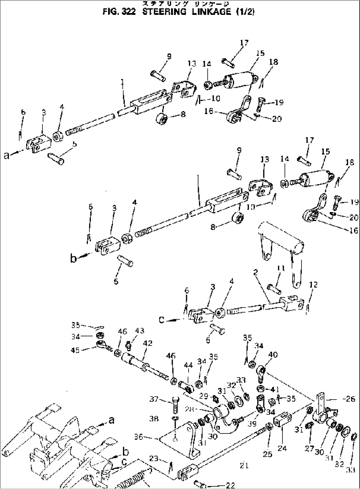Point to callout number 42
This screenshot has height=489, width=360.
(x=148, y=344)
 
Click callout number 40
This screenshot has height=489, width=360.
(x=273, y=355)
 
